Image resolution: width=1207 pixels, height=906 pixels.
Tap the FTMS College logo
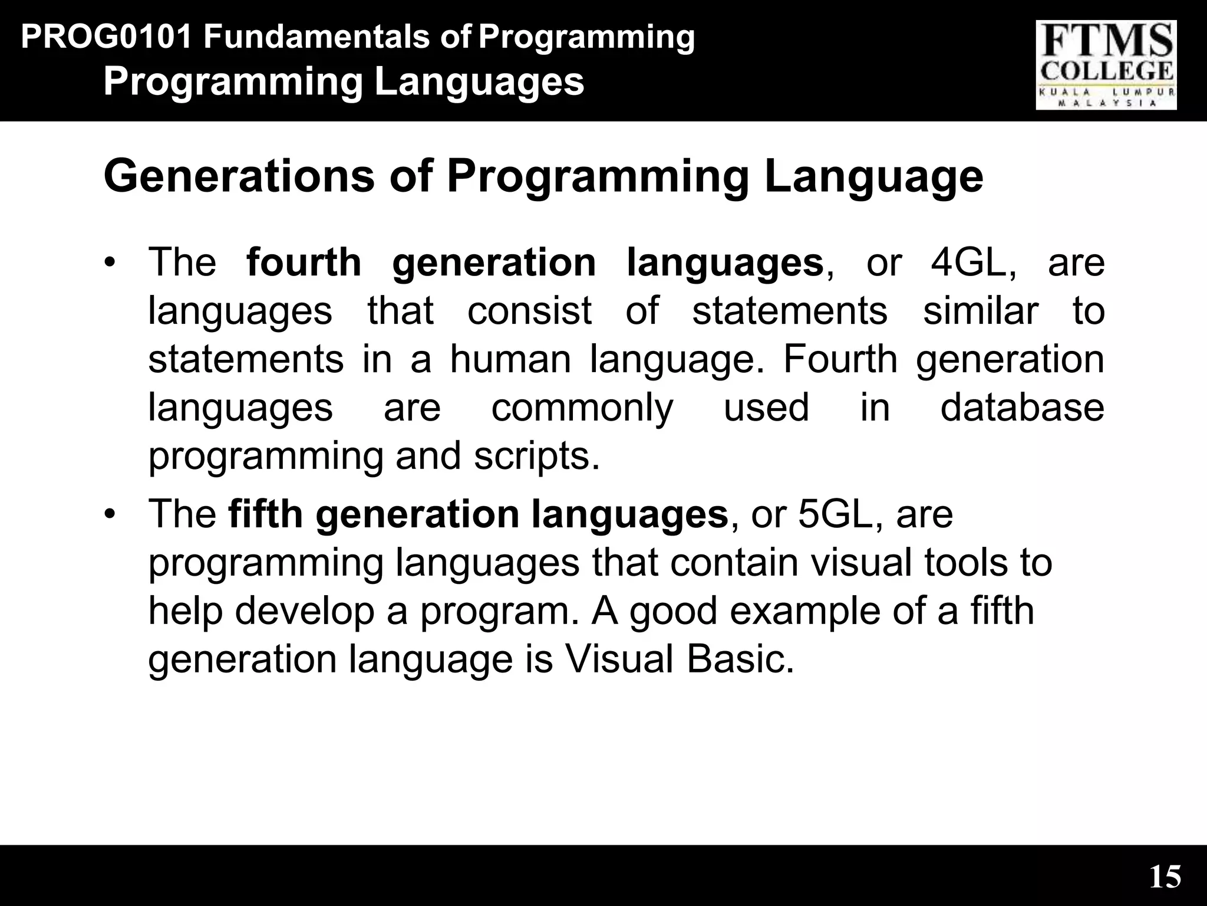point(1106,65)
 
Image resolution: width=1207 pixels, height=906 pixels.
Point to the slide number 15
point(1165,877)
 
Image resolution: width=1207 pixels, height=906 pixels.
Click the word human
point(510,359)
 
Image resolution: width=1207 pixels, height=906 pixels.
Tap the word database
point(1022,408)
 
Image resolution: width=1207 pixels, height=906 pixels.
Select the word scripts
point(536,457)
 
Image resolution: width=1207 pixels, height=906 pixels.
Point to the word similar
point(980,311)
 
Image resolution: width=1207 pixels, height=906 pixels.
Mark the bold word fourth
point(304,262)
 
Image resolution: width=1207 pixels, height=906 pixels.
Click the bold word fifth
point(265,514)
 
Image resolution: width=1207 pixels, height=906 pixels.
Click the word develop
point(305,612)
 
